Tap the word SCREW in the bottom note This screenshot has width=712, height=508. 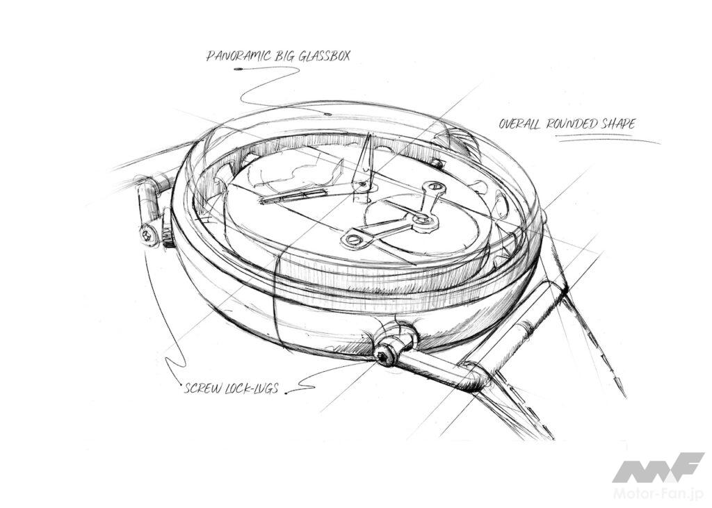coord(202,388)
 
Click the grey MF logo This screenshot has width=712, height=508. coord(658,468)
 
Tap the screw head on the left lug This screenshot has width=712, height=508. coord(148,234)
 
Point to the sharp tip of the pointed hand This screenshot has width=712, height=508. coord(370,134)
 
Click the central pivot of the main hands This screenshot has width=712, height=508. coord(362,185)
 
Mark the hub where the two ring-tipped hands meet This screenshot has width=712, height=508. coord(424,220)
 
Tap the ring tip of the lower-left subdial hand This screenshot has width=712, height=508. coord(352,240)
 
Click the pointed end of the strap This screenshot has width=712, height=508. coord(624,394)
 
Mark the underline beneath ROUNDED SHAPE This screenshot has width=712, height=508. coord(609,140)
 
